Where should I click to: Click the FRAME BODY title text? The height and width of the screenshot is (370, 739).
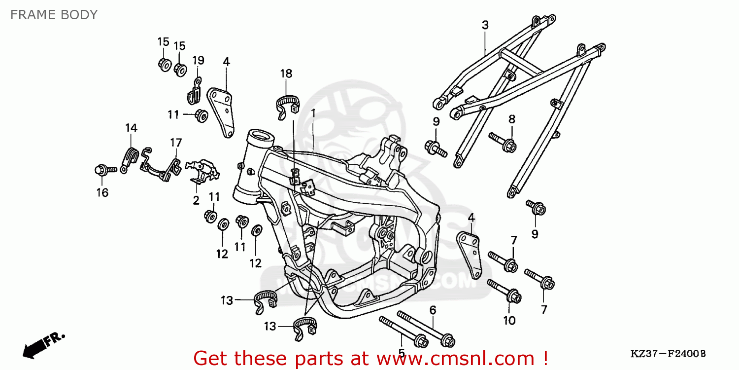(x=54, y=15)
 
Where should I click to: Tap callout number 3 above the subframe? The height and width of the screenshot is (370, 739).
(x=485, y=25)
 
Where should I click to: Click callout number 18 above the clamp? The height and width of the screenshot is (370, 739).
(x=286, y=74)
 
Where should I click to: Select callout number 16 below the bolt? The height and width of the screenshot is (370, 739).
(x=102, y=192)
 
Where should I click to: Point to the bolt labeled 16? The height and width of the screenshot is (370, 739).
(x=103, y=169)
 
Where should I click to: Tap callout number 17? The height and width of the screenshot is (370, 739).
(x=176, y=143)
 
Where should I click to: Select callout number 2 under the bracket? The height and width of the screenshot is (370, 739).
(x=196, y=200)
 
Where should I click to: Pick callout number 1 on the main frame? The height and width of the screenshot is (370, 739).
(x=313, y=113)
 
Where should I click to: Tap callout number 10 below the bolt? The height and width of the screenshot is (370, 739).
(x=509, y=321)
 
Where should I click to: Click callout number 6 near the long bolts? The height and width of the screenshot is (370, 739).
(x=433, y=310)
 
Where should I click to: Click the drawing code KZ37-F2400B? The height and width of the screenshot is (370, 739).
(x=668, y=354)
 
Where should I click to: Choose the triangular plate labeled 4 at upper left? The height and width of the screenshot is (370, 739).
(x=222, y=111)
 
